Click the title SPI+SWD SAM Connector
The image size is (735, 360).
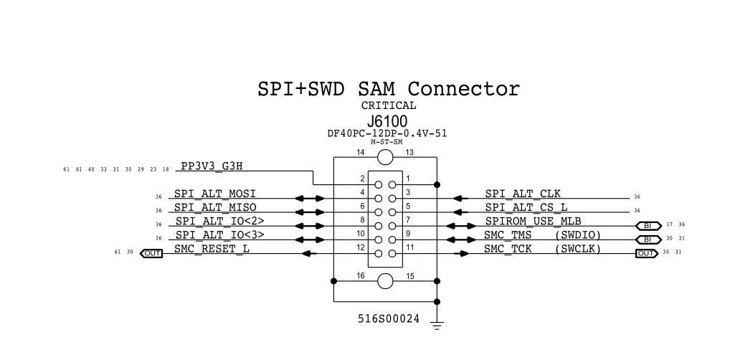(388, 90)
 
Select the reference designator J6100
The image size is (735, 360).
(388, 121)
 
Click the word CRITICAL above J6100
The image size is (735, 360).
(388, 106)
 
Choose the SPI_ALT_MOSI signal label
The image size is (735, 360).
(215, 194)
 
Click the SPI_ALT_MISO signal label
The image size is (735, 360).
(215, 207)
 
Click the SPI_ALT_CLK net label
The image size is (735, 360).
(523, 194)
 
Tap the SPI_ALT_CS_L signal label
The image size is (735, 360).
(526, 207)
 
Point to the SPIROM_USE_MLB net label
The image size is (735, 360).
(533, 221)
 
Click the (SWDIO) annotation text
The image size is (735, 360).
(578, 235)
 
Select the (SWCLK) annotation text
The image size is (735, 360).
(578, 248)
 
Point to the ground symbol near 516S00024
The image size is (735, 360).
(437, 325)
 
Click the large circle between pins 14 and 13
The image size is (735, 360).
(385, 159)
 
